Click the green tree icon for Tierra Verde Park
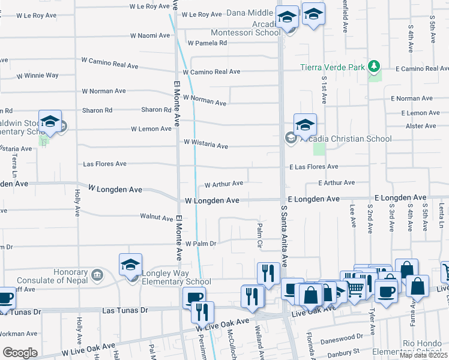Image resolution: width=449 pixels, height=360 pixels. pos(375,65)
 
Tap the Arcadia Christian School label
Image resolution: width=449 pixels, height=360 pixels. pos(346,139)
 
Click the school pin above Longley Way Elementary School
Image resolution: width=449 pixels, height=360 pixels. pos(130,265)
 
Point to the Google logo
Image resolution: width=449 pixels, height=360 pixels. pos(20,352)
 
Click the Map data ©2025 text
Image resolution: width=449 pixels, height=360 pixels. pos(423,355)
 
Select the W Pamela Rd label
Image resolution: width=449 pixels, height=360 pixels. pos(207,43)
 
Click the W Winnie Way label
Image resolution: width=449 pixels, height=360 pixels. pos(37,76)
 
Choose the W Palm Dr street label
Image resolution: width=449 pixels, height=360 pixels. pos(200,244)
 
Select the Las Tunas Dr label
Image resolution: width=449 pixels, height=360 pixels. pos(125,310)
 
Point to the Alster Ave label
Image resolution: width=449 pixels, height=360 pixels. pos(421,126)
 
